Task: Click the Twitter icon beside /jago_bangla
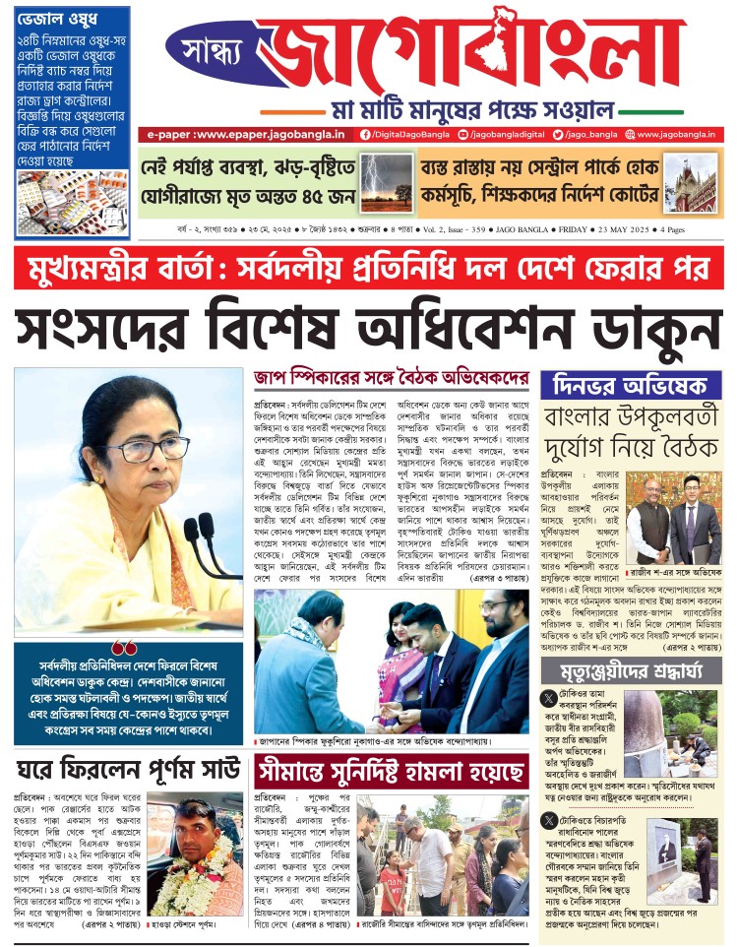point(557,134)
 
